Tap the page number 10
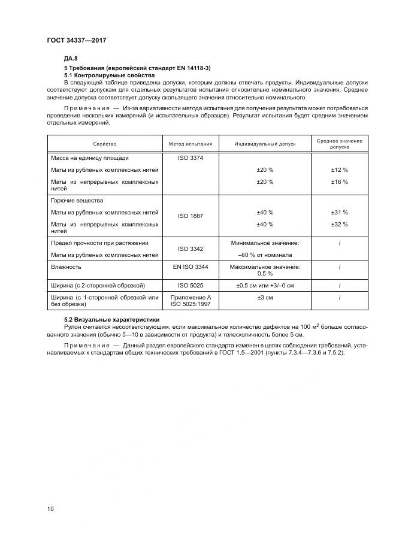click(50, 509)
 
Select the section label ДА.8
click(71, 58)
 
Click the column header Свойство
click(104, 144)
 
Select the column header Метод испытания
click(191, 144)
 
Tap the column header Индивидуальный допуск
click(265, 144)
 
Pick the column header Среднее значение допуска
click(339, 144)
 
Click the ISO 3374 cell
click(191, 158)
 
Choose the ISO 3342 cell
click(191, 249)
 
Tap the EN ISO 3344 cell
click(191, 268)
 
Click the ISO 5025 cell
click(191, 285)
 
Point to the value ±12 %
click(339, 170)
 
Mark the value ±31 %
click(339, 212)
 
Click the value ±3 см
click(265, 298)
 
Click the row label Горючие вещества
click(77, 201)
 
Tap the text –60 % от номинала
click(265, 255)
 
